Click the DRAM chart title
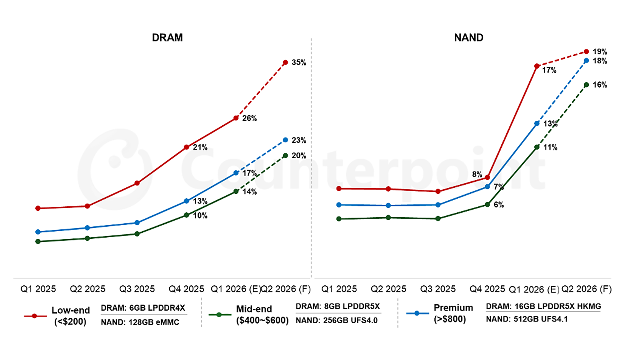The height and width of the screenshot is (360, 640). click(167, 37)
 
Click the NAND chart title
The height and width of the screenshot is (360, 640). click(469, 37)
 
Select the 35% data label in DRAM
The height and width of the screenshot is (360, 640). click(299, 62)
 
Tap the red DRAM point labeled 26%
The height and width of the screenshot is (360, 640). click(236, 118)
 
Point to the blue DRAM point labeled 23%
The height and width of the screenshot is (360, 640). click(285, 140)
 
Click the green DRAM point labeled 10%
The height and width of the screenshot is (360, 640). click(186, 215)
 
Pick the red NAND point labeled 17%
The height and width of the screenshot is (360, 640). click(537, 66)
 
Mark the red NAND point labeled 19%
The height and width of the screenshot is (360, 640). click(586, 52)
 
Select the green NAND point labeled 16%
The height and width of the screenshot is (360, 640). click(586, 85)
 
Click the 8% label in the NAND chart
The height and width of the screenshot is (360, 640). click(477, 174)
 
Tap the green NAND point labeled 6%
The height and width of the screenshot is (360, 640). click(487, 204)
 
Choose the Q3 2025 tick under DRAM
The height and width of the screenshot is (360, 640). click(137, 289)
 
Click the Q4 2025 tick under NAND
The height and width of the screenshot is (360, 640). click(487, 289)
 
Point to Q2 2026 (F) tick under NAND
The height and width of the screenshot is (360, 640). click(586, 289)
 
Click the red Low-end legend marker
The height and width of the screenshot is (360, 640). click(34, 316)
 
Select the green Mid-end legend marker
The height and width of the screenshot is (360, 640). click(219, 314)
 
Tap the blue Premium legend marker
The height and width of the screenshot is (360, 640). click(417, 313)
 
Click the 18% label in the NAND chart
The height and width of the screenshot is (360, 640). click(600, 61)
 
